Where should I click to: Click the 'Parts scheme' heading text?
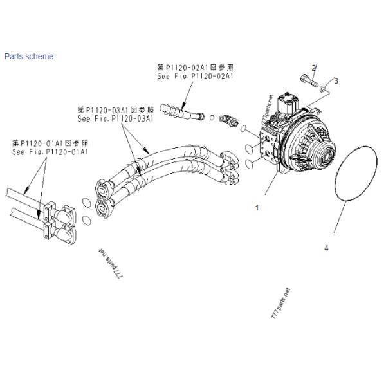29,56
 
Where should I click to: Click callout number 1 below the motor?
257,207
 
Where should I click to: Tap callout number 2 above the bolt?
314,68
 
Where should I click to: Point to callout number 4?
327,247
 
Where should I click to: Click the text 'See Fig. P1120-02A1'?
194,75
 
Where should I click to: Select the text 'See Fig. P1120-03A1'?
115,118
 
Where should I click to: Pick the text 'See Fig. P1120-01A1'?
50,152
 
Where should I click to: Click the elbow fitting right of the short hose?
227,120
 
